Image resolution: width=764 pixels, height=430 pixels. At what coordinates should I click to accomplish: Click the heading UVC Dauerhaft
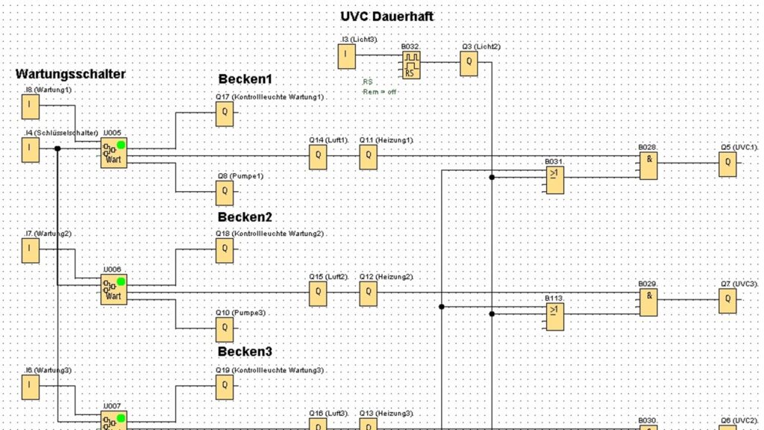pos(386,16)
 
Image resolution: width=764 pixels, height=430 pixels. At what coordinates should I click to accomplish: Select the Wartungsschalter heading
pos(70,74)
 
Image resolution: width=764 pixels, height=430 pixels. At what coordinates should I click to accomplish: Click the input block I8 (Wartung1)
pos(30,107)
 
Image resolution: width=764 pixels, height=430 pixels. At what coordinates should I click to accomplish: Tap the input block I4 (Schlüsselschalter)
pos(30,150)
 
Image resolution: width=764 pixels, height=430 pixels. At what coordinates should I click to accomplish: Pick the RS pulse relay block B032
pos(410,66)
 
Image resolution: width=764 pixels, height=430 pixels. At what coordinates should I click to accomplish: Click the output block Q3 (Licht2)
pos(469,64)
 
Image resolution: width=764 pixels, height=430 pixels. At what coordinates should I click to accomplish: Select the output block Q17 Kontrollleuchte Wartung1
pos(225,114)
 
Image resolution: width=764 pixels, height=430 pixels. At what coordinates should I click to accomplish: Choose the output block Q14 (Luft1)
pos(318,157)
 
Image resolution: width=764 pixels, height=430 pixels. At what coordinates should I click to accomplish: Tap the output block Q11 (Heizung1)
pos(368,157)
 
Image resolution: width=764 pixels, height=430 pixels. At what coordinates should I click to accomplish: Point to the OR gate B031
pos(555,180)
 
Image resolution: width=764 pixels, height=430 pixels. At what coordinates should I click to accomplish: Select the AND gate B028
pos(648,166)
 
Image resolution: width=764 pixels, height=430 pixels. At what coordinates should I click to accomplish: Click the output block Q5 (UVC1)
pos(727,164)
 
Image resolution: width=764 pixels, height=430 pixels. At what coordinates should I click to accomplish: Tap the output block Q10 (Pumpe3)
pos(225,329)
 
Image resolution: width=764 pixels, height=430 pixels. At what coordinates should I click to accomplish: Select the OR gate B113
pos(555,317)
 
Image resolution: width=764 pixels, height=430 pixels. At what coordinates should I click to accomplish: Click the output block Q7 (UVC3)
pos(727,301)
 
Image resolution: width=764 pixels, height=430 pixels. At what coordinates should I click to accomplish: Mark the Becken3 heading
pos(245,351)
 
